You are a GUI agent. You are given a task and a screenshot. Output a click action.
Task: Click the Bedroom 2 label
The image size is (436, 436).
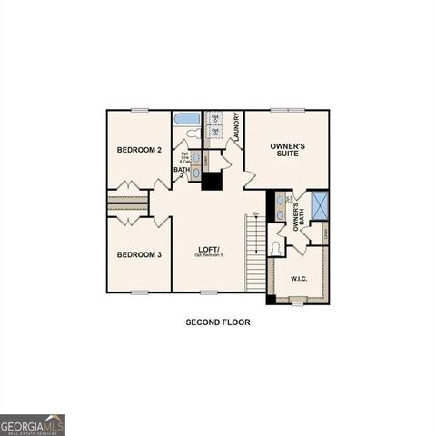coord(139,149)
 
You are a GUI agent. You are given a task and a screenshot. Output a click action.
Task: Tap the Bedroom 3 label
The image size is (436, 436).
coord(139,254)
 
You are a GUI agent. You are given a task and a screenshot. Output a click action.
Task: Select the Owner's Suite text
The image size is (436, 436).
coord(287,150)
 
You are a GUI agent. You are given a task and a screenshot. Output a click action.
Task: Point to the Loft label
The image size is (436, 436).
coord(210,249)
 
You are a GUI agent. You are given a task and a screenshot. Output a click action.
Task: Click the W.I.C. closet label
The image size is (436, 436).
coord(299,278)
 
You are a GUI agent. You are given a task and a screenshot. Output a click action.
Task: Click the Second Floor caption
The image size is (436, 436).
coord(218,322)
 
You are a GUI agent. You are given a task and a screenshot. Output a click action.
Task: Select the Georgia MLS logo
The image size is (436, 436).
coord(33,425)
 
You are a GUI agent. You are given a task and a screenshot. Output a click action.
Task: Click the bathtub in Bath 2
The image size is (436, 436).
coord(186,118)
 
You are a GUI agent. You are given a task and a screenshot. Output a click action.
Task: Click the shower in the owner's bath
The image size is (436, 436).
coord(320,205)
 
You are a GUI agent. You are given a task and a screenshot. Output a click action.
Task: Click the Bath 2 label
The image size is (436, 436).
coord(182,169)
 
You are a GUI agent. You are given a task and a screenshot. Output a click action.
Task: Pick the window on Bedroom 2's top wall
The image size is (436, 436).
coord(139,110)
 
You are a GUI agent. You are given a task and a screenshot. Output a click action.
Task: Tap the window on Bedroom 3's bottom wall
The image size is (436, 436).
coord(139,292)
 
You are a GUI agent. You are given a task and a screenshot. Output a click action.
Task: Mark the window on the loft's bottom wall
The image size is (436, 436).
coord(209,292)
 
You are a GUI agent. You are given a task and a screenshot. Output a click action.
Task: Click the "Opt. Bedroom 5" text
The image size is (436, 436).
coord(210,256)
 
